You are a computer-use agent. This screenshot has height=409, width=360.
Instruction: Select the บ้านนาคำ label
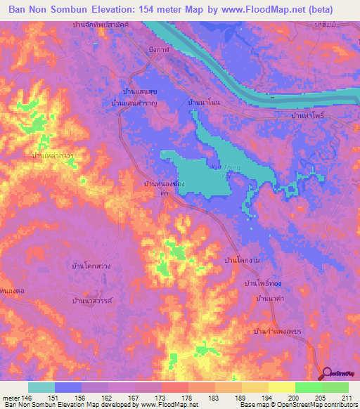(x=271, y=299)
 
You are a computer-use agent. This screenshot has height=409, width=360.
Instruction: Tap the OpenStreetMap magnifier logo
(x=327, y=374)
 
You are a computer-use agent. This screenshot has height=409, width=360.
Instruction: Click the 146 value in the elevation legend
(x=30, y=397)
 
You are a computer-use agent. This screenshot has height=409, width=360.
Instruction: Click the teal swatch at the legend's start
(x=41, y=387)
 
